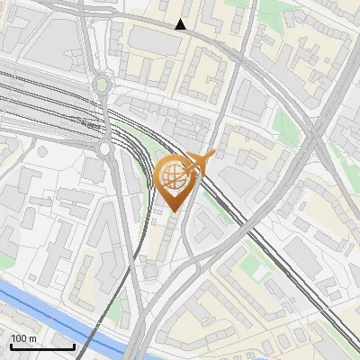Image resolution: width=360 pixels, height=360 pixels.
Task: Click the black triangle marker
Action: click(181, 24)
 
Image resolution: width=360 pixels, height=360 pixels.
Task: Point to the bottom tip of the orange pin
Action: click(174, 211)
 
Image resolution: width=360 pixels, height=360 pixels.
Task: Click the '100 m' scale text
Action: click(23, 337)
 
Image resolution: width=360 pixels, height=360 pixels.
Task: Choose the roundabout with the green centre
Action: click(102, 85)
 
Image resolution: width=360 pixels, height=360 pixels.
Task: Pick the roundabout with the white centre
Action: click(105, 148)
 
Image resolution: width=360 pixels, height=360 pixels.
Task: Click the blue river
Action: click(63, 315)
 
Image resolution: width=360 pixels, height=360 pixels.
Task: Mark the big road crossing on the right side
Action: click(314, 135)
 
